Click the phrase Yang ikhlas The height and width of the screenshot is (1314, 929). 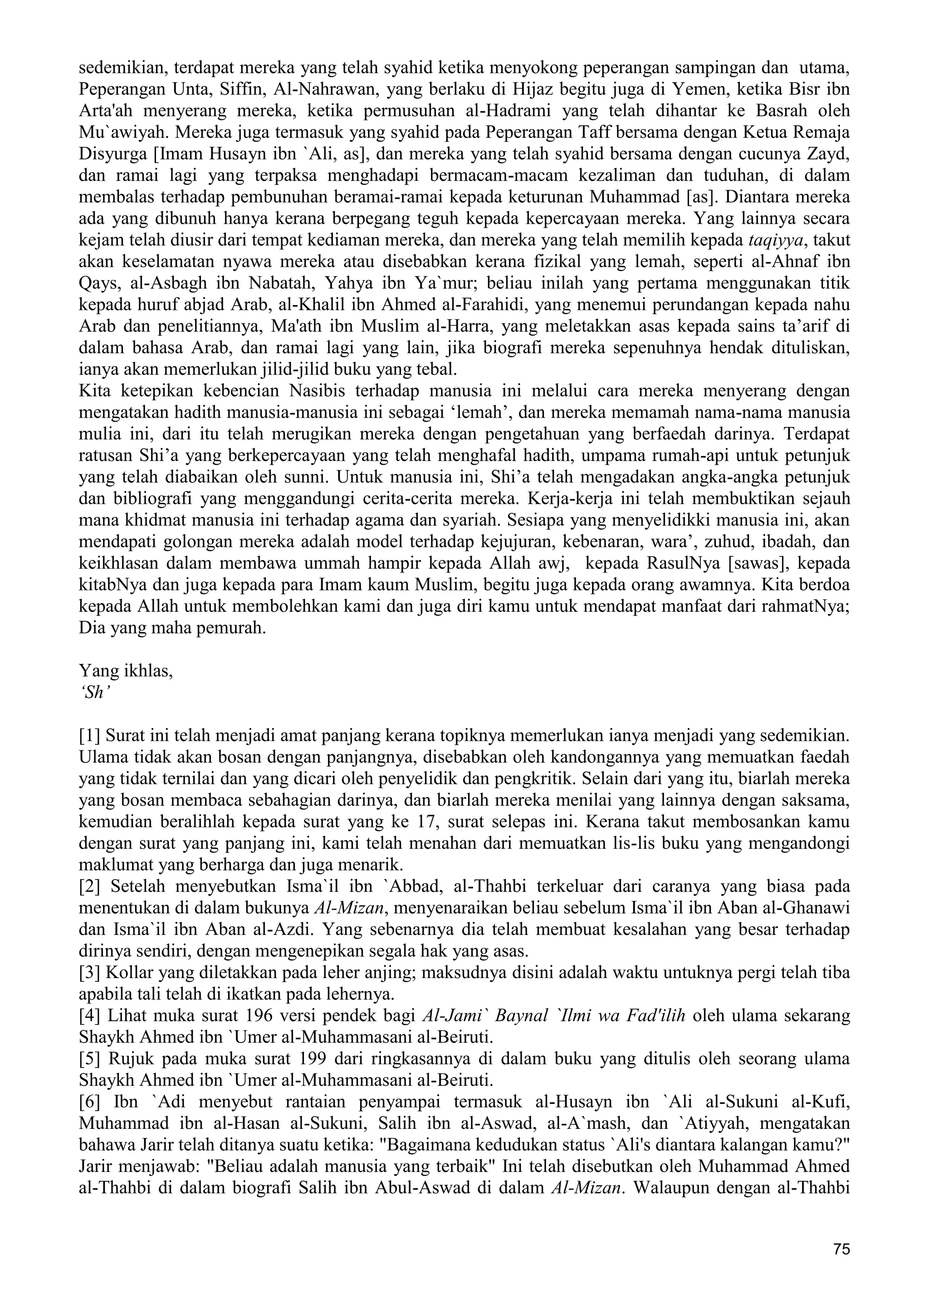[125, 670]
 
